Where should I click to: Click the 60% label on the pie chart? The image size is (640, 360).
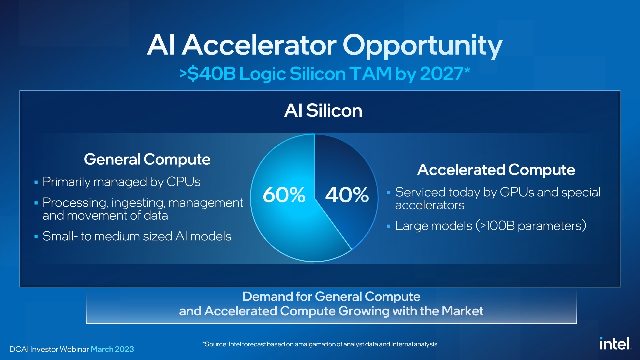284,195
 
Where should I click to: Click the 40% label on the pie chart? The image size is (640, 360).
347,195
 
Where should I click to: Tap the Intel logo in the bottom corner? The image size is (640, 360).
615,344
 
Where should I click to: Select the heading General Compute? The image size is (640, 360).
147,159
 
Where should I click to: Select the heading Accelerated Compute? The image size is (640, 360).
496,170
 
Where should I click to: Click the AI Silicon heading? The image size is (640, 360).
323,110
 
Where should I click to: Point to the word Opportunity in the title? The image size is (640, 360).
422,46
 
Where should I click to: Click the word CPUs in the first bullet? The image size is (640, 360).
183,182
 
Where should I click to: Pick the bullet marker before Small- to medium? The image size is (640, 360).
36,237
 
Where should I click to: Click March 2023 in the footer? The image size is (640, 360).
112,349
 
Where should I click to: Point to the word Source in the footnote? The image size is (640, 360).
215,344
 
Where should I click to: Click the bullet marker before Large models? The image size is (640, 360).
389,226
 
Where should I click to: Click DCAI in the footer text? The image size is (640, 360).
19,349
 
